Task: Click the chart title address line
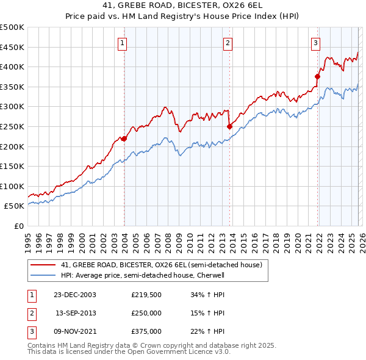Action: coord(182,5)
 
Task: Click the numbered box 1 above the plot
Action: coord(123,43)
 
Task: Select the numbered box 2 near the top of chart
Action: coord(228,43)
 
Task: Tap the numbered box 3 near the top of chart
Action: coord(315,43)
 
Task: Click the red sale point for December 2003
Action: coord(124,139)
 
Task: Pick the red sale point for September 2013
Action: coord(229,126)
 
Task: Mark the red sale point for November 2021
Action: coord(317,76)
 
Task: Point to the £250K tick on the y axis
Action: coord(12,126)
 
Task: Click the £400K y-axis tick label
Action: coord(12,67)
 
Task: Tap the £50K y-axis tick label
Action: coord(15,206)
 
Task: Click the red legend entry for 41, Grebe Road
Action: coord(162,265)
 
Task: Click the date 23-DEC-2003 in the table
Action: coord(74,295)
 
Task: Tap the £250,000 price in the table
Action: coord(146,313)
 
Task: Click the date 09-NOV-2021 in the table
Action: coord(74,331)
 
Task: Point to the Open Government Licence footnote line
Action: coord(129,351)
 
